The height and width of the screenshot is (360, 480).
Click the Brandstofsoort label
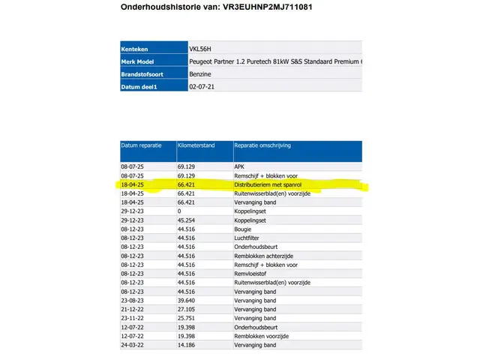(x=143, y=73)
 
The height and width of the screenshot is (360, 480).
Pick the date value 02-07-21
(x=202, y=86)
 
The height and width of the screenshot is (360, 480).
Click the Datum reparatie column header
(x=142, y=145)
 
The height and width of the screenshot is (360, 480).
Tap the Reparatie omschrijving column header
(x=262, y=145)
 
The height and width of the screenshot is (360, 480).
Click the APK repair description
(x=241, y=165)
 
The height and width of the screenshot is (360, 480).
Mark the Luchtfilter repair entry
(x=248, y=238)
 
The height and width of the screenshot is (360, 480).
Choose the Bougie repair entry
(x=244, y=229)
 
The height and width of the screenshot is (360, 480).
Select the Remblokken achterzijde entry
(x=265, y=256)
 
